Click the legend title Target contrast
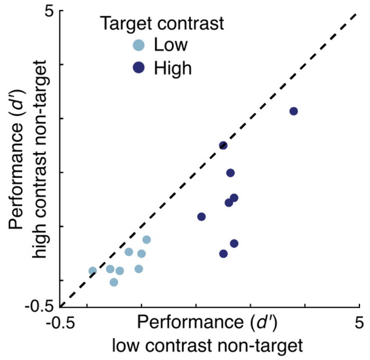162,24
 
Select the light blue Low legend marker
138,45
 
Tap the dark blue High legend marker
138,68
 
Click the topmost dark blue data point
293,111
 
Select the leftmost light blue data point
92,271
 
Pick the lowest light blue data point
114,283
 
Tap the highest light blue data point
147,239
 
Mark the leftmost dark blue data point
201,217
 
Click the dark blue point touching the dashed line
223,145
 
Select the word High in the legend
173,68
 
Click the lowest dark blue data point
223,253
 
